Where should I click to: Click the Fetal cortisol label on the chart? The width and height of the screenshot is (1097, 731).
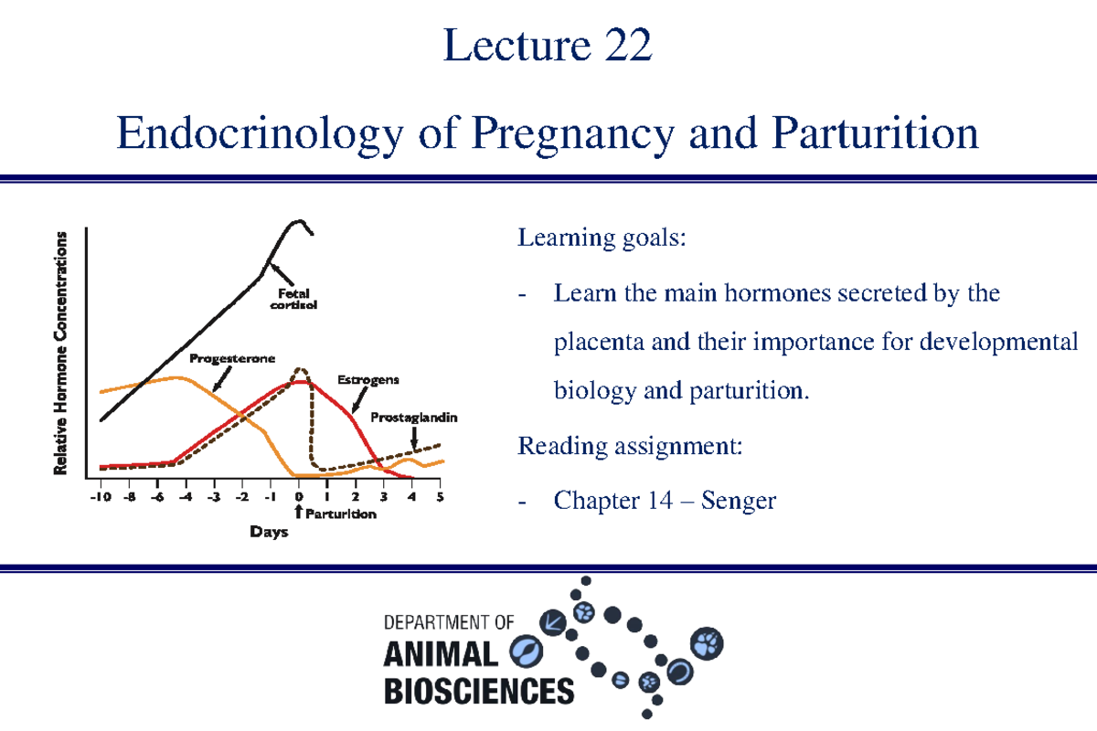tap(293, 300)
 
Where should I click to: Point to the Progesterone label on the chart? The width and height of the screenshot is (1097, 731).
tap(232, 359)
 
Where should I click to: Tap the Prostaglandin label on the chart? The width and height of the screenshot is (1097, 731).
tap(414, 418)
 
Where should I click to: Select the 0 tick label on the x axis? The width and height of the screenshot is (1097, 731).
tap(299, 497)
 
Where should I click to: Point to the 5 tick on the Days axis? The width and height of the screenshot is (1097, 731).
tap(441, 497)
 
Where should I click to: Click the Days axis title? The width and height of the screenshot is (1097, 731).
tap(269, 532)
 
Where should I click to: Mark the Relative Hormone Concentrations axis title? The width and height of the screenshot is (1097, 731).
tap(61, 353)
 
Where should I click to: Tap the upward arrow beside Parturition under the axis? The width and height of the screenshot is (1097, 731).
tap(299, 514)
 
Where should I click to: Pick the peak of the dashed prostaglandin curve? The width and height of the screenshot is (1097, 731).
tap(300, 369)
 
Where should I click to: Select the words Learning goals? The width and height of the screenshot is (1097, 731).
tap(601, 239)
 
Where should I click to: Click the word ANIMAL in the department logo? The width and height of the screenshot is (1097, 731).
tap(442, 654)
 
